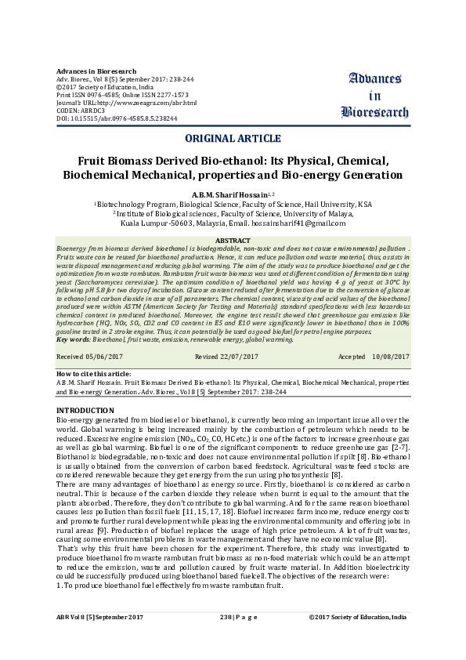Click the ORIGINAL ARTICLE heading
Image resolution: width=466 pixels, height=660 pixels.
(233, 139)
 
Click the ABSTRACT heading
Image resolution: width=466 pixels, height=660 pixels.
(233, 239)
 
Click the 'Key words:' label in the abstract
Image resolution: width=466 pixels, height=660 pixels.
(74, 339)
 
